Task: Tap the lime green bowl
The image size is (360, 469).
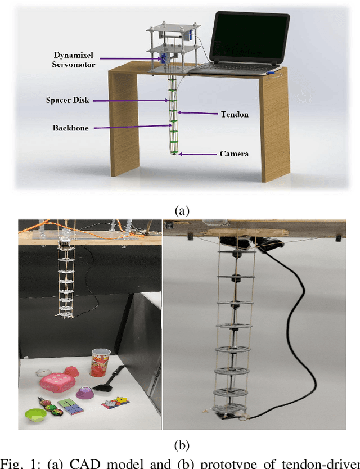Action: point(35,415)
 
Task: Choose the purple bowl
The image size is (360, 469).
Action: point(85,392)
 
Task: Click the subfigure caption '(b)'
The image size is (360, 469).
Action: point(181,446)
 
